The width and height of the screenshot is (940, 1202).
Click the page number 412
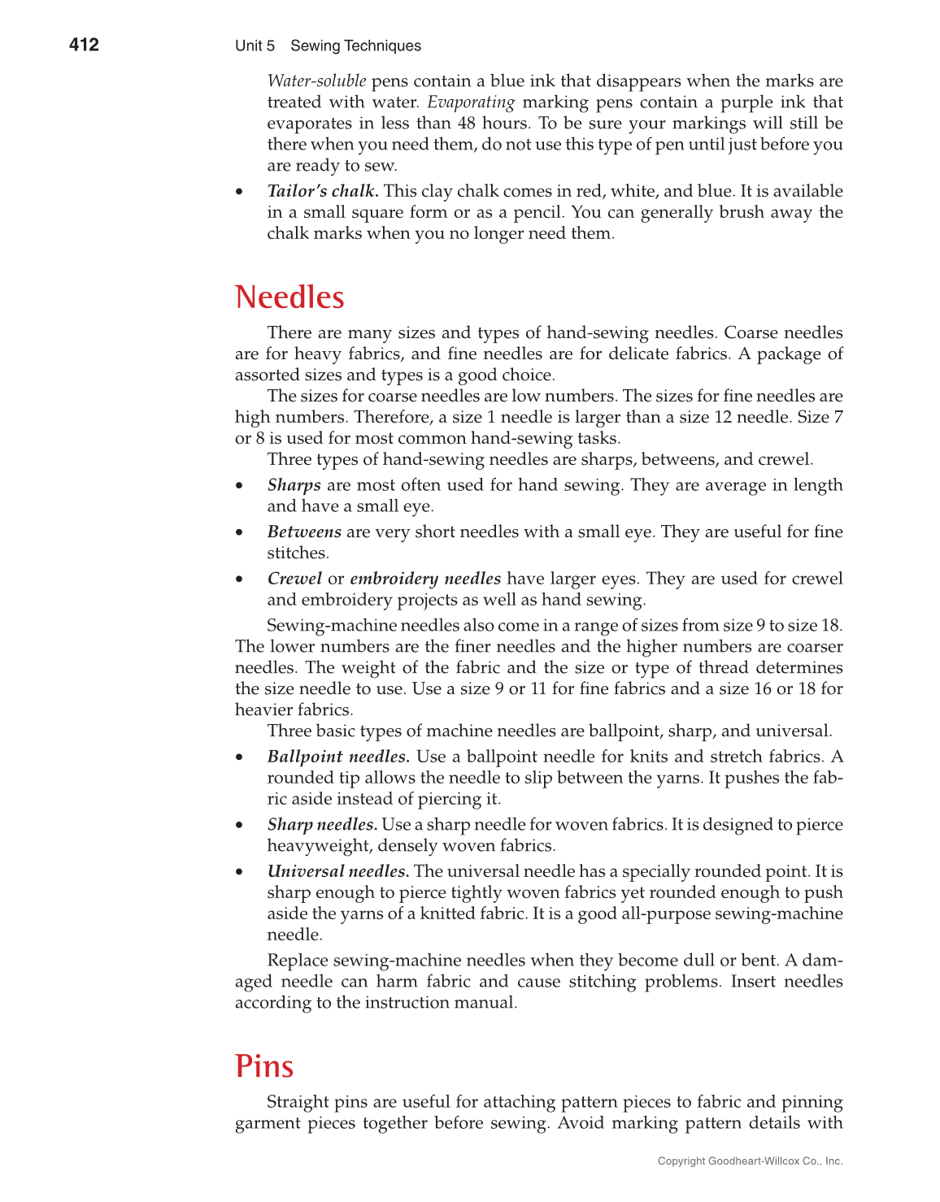coord(84,45)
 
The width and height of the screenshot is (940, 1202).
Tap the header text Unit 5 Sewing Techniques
coord(328,46)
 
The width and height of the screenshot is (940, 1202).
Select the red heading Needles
coord(289,297)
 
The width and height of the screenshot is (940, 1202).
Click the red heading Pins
coord(263,1066)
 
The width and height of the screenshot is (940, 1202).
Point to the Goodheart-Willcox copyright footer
coord(750,1161)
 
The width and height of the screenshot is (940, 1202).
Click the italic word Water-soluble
coord(316,81)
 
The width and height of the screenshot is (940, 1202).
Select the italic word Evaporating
coord(471,102)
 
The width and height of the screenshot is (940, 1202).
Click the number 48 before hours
coord(468,124)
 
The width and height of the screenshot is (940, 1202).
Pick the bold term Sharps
coord(294,485)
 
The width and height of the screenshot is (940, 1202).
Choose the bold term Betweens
coord(304,532)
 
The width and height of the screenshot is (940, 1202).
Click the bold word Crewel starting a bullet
coord(294,579)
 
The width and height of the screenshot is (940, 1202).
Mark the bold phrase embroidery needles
coord(425,579)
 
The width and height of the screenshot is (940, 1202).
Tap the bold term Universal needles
coord(337,871)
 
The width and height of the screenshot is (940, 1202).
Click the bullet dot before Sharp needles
coord(239,825)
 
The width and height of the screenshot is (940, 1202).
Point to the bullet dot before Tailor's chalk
coord(239,192)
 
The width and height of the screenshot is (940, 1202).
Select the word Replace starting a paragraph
coord(297,961)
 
